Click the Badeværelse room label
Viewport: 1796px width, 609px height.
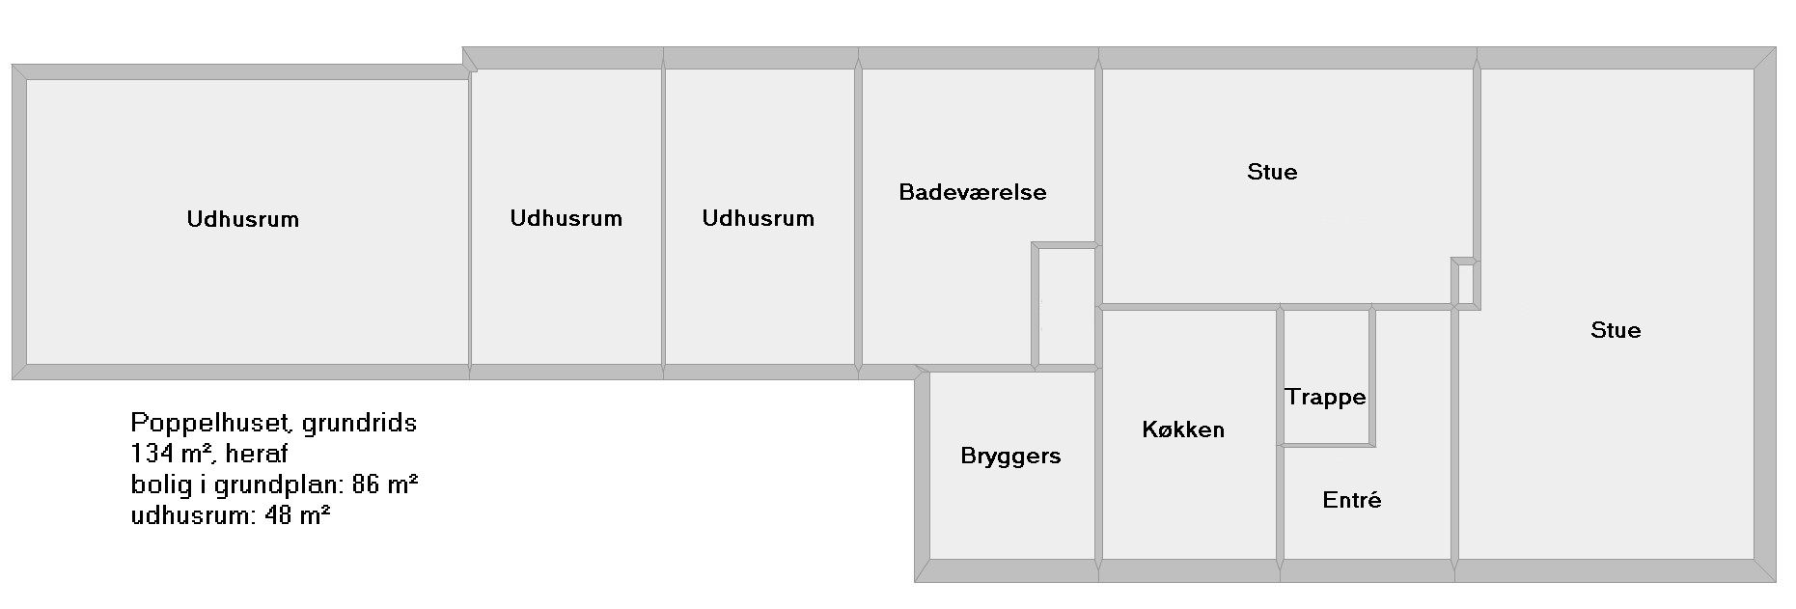point(972,192)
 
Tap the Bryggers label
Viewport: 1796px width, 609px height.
point(1010,457)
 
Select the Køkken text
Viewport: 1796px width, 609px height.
point(1183,429)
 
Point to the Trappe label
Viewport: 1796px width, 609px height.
point(1325,398)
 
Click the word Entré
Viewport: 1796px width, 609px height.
point(1351,500)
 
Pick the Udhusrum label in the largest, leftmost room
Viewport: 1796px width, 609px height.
point(243,219)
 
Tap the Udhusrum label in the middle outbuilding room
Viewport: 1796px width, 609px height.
point(566,218)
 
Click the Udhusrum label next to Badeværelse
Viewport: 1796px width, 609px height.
point(758,218)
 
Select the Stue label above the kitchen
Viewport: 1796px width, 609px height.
point(1272,172)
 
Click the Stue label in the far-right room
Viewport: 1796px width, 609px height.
point(1616,330)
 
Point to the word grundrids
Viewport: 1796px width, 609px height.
point(359,423)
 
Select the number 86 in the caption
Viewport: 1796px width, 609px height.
point(362,484)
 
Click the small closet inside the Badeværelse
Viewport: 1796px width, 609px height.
point(1065,305)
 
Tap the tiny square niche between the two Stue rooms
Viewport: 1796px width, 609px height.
point(1464,283)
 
